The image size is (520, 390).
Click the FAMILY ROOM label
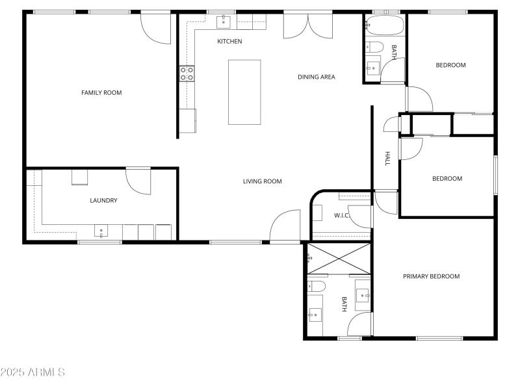pos(101,93)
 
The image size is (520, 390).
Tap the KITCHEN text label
pos(229,42)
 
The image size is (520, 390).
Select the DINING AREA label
pos(317,77)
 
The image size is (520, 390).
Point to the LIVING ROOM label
pos(263,181)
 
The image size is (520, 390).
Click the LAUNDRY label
pos(103,201)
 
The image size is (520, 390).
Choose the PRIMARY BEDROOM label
pos(431,276)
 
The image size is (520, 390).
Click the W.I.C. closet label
pos(342,215)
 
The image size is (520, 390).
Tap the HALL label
pos(387,159)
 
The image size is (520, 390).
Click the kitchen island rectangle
pos(244,92)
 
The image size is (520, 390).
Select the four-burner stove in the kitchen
pos(187,73)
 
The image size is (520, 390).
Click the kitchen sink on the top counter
pos(224,22)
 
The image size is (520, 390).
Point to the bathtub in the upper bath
pos(385,27)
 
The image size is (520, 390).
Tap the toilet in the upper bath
pos(374,46)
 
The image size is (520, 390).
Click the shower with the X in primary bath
pos(339,258)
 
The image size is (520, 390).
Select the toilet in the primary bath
pos(317,287)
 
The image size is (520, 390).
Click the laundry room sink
pos(101,231)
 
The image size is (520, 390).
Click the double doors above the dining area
pos(308,25)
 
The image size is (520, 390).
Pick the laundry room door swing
pos(138,181)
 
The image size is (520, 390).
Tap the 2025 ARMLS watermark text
pos(32,372)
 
